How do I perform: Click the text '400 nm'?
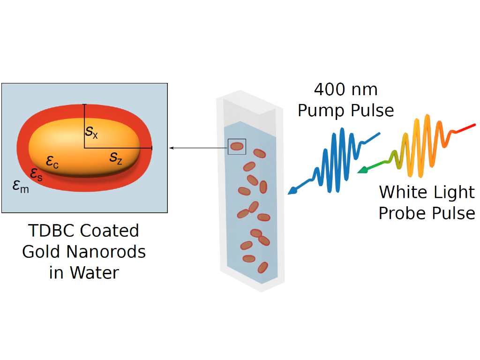(x=345, y=90)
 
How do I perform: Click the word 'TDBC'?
(x=52, y=231)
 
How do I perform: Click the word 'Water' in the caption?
(x=96, y=273)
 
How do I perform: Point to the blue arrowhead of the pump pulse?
(x=292, y=191)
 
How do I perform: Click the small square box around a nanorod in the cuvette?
(x=237, y=147)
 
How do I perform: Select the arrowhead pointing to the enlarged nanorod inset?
(x=171, y=148)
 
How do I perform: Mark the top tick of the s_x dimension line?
(x=84, y=105)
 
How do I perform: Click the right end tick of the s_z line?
(x=152, y=148)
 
